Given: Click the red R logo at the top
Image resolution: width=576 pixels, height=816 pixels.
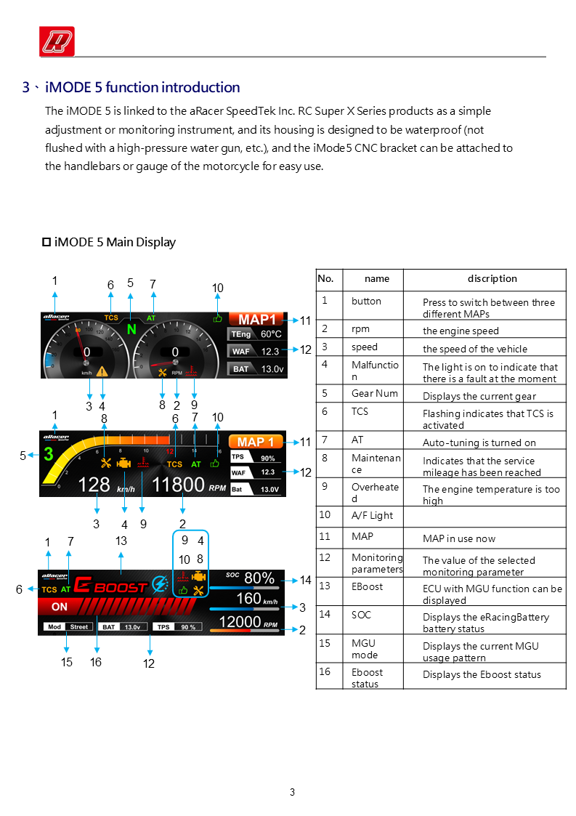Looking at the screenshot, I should point(57,41).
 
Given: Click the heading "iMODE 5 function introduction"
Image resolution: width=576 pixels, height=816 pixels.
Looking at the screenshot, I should point(142,88).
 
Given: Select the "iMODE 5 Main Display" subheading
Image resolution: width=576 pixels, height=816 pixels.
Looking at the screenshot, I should point(115,242).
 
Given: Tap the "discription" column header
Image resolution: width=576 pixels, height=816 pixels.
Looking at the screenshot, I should point(492,279).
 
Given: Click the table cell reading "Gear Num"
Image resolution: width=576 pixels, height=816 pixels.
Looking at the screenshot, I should point(375,394).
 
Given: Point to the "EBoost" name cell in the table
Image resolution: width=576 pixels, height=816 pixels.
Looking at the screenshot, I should point(367,587).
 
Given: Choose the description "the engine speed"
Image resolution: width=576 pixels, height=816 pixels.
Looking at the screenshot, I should point(461,331).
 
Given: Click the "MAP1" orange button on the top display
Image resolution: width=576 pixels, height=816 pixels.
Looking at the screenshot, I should point(257,320).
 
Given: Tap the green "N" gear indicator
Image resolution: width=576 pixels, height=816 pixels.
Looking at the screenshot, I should point(131,329).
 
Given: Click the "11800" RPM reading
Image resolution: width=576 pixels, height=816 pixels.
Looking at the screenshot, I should point(178,484).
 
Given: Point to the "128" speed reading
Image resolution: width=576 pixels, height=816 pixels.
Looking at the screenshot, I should point(94,484).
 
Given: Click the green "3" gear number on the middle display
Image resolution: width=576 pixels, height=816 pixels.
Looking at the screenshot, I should point(49,455).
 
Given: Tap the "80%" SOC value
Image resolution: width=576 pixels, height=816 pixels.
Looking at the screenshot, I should point(259,578).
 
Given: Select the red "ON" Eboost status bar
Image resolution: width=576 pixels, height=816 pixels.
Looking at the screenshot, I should point(60,607).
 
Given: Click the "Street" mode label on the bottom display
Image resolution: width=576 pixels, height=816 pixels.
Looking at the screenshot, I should point(78,626).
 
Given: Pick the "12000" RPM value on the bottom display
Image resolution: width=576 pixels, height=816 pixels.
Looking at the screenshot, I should point(240,622).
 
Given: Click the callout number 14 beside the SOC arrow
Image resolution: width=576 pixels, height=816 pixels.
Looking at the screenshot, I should point(305,581).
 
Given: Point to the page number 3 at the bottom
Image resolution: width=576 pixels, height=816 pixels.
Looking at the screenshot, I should point(292,793).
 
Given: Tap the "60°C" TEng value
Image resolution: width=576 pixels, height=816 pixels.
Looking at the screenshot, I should point(271,334).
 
